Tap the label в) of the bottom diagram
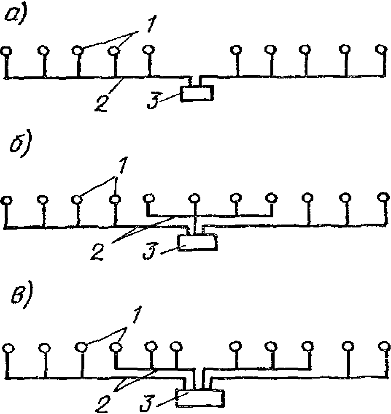click(17, 299)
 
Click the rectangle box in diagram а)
click(197, 93)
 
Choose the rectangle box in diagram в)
click(200, 398)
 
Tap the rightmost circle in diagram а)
click(381, 49)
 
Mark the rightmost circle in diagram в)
click(383, 347)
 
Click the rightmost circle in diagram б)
click(383, 198)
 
